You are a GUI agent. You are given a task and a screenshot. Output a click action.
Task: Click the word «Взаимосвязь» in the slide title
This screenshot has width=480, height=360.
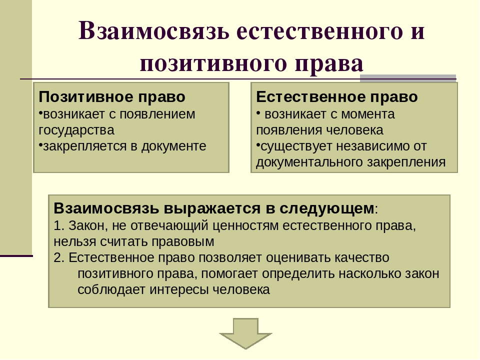[x=154, y=31]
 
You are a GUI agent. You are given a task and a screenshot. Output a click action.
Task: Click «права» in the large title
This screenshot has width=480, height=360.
[x=329, y=63]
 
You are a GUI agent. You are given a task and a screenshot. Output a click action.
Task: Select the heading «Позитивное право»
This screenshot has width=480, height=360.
[x=112, y=96]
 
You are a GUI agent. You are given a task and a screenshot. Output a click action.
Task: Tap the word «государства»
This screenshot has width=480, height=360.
[x=76, y=130]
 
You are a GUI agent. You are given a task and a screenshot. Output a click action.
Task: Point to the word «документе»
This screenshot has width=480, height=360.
[x=173, y=146]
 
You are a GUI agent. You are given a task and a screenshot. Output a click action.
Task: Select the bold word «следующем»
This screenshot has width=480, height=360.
[x=326, y=208]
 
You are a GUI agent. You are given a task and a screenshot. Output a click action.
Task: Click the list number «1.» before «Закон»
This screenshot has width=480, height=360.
[x=59, y=225]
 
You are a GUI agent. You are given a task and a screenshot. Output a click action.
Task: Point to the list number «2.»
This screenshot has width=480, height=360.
[x=59, y=258]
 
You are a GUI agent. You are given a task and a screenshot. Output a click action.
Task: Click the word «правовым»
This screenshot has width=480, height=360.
[x=183, y=242]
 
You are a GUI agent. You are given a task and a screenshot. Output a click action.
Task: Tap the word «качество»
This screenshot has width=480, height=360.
[x=362, y=258]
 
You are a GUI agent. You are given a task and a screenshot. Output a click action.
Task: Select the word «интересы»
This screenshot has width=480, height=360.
[x=179, y=290]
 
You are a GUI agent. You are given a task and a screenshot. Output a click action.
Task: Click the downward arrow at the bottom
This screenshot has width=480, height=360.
[x=245, y=333]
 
